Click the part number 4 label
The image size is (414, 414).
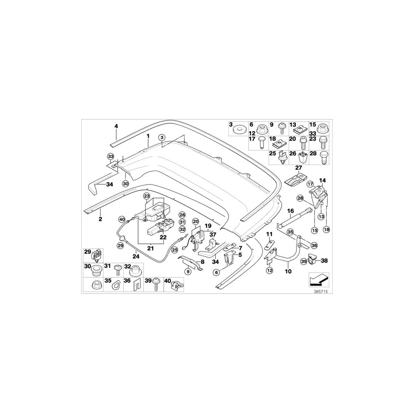116,126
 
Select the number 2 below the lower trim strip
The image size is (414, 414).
100,219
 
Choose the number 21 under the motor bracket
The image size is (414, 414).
150,248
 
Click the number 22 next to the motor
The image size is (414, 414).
163,237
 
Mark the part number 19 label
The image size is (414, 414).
208,226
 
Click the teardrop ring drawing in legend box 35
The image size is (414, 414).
114,286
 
